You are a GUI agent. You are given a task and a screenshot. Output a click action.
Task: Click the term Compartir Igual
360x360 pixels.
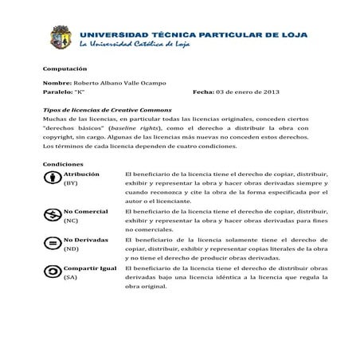[89, 268]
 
